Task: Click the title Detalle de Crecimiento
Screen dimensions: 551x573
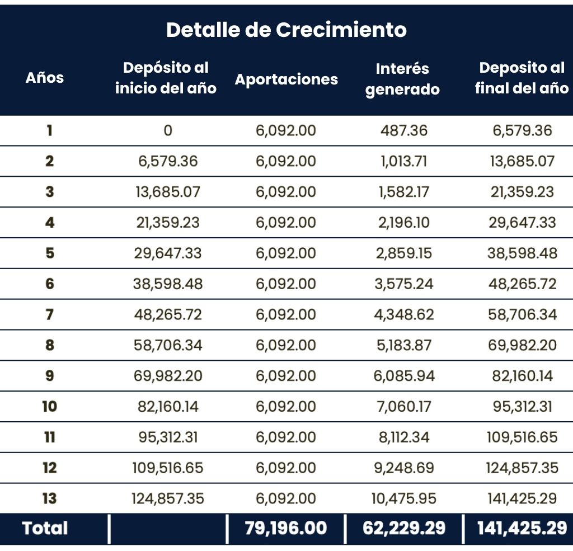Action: pos(286,30)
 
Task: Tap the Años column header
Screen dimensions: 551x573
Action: pos(45,78)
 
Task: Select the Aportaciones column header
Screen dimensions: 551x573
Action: pos(286,79)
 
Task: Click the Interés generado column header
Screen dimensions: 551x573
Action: pos(402,79)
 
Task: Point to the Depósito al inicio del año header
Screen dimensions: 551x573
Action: pos(166,78)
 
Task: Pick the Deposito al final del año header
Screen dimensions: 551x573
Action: pos(522,78)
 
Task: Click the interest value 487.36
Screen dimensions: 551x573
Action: pos(402,131)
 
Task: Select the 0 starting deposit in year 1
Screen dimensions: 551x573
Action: pos(168,131)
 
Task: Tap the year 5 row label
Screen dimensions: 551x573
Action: pos(50,253)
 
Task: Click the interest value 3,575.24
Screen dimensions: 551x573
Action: pos(403,284)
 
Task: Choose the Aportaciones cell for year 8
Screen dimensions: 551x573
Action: pos(286,345)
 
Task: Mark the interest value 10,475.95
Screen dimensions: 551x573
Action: pos(403,498)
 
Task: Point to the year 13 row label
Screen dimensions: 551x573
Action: pos(50,498)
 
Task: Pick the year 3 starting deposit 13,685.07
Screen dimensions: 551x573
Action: pos(168,192)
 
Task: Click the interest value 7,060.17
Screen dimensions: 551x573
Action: pos(403,406)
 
